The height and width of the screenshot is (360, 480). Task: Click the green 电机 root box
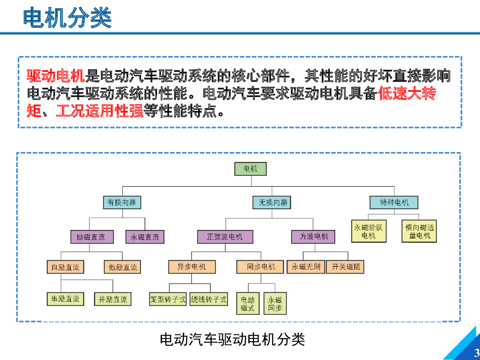[250, 169]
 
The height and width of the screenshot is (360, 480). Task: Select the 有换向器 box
[122, 202]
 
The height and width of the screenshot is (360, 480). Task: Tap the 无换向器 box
[272, 202]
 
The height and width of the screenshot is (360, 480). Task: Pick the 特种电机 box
[394, 202]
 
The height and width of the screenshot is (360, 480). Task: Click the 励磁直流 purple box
[92, 237]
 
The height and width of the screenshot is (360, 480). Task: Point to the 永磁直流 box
[145, 237]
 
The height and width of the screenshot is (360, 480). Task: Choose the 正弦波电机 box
[225, 237]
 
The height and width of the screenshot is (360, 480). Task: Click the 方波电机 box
[313, 237]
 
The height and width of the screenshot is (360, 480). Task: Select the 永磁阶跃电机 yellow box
[369, 231]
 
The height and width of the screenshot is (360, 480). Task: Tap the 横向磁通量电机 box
[419, 231]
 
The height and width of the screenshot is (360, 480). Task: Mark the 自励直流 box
[65, 267]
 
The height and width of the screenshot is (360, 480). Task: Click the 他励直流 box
[122, 267]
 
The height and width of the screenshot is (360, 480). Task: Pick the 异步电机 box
[192, 267]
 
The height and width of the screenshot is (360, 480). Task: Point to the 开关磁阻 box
[345, 267]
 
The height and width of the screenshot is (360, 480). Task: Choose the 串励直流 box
[65, 299]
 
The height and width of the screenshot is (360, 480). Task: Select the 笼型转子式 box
[168, 299]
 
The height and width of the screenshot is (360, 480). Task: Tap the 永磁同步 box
[275, 304]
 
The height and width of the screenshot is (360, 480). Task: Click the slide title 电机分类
[67, 18]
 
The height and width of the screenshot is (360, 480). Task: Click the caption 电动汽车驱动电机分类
[232, 340]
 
